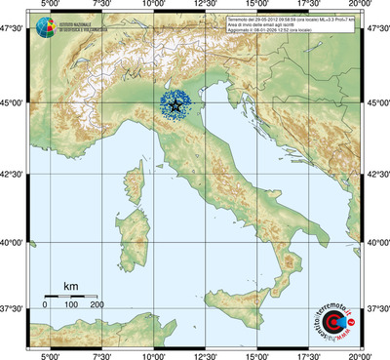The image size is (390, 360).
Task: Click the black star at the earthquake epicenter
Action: coord(175,105)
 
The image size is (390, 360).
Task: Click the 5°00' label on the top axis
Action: coord(50,6)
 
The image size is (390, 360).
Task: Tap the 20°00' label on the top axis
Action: coord(361,6)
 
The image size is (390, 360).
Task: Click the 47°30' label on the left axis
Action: coord(14,30)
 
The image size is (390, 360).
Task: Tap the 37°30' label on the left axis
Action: coord(14,308)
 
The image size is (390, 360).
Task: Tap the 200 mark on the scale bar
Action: coord(97,305)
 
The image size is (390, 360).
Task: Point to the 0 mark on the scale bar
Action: coord(45,305)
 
